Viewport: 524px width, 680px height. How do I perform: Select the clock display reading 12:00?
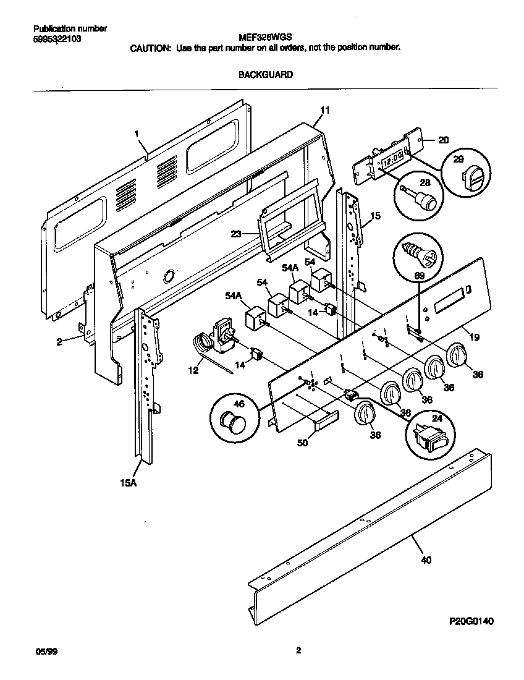(x=392, y=160)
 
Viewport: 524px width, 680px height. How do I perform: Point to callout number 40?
(x=426, y=560)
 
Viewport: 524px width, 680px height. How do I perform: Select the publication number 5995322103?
(x=57, y=38)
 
